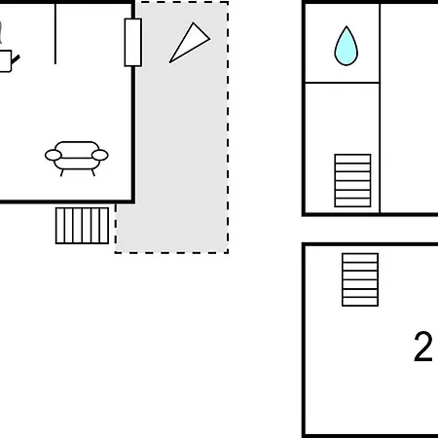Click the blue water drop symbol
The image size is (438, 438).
coord(347,47)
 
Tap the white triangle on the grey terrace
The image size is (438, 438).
coord(191,42)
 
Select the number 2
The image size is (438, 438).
coord(423,347)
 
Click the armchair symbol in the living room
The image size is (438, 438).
coord(77,159)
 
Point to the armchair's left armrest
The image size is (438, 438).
coord(53,155)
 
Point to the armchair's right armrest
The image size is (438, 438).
coord(100,155)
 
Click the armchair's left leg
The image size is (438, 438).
coord(61,173)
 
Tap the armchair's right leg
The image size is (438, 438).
coord(93,173)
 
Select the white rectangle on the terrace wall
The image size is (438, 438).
coord(133,43)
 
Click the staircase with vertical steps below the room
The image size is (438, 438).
coord(82,226)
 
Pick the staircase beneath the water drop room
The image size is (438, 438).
coord(352,180)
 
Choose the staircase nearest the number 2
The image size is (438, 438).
coord(360,279)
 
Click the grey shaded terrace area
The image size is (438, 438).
coord(182,129)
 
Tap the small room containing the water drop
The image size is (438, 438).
coord(343,43)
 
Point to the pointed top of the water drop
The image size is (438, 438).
coord(347,26)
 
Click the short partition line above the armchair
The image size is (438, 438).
coord(55,34)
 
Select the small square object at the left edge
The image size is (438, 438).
coord(5,61)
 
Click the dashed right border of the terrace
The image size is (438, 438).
coord(228,128)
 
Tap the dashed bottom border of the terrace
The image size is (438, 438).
coord(171,252)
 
